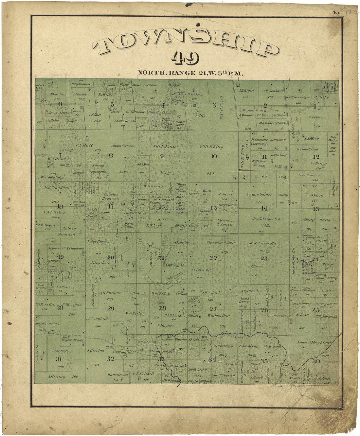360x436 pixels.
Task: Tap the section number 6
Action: point(60,104)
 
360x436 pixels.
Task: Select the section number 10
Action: point(214,156)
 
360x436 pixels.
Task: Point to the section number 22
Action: point(213,258)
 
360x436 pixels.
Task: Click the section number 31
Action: point(59,359)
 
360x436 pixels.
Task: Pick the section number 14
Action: point(264,208)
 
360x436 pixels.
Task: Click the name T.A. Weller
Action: point(105,95)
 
